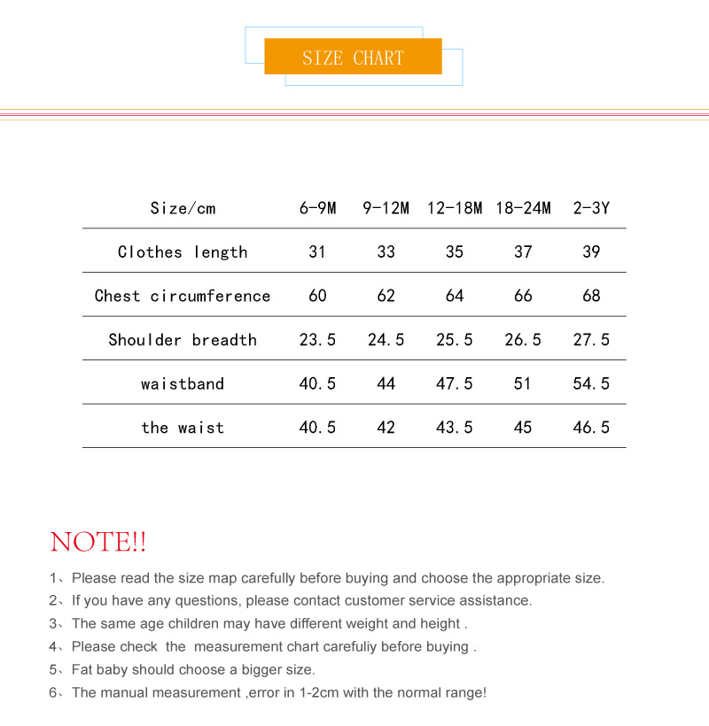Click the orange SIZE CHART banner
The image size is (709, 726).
pyautogui.click(x=353, y=58)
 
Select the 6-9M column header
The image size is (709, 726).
pyautogui.click(x=317, y=209)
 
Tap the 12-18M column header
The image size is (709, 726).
pyautogui.click(x=455, y=209)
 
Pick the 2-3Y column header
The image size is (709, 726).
pyautogui.click(x=591, y=209)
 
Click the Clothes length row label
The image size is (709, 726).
pyautogui.click(x=183, y=252)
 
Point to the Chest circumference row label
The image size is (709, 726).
pyautogui.click(x=183, y=296)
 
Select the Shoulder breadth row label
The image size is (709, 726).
pyautogui.click(x=183, y=340)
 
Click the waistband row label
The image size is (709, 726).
pyautogui.click(x=183, y=384)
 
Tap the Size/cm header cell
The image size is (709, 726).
pyautogui.click(x=183, y=209)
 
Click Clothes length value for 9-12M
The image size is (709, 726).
pyautogui.click(x=386, y=252)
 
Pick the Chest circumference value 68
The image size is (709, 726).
pyautogui.click(x=591, y=296)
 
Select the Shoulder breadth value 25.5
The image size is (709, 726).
pyautogui.click(x=455, y=340)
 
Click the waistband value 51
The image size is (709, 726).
pyautogui.click(x=523, y=384)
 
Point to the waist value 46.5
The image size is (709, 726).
pyautogui.click(x=591, y=428)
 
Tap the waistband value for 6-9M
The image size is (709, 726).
pyautogui.click(x=317, y=384)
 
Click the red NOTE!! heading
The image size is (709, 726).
pyautogui.click(x=98, y=542)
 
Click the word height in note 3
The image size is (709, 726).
pyautogui.click(x=440, y=624)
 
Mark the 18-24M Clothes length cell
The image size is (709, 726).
pyautogui.click(x=523, y=252)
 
